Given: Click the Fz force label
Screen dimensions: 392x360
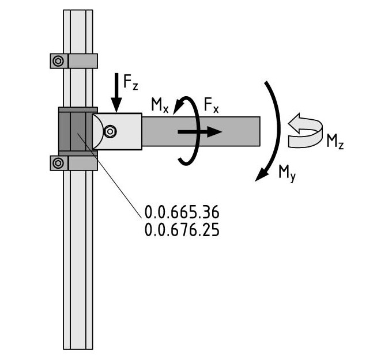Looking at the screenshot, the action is [130, 82].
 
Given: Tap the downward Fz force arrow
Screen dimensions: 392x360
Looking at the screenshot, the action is [116, 92].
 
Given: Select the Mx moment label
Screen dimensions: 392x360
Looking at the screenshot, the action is [160, 105].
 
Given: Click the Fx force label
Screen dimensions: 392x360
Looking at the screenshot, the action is [211, 105].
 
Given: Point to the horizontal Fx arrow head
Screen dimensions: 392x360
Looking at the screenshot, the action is [214, 132].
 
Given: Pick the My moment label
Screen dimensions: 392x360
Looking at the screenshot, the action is [287, 173].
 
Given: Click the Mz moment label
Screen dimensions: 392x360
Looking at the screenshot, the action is [335, 142].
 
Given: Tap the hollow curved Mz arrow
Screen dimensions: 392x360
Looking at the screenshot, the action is [306, 131].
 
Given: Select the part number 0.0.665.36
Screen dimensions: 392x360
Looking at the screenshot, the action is [182, 212].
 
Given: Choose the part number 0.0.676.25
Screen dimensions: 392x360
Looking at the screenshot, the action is [182, 230].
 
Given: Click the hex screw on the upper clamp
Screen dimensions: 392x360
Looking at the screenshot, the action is [58, 60].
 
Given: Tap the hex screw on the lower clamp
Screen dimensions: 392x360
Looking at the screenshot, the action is [58, 163].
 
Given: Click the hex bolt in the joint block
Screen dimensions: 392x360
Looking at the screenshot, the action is [110, 131].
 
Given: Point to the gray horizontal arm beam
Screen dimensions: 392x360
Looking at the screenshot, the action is [201, 131].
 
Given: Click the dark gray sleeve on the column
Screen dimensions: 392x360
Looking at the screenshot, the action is [78, 131].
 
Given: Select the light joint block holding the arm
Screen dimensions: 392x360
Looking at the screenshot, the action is [117, 131].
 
